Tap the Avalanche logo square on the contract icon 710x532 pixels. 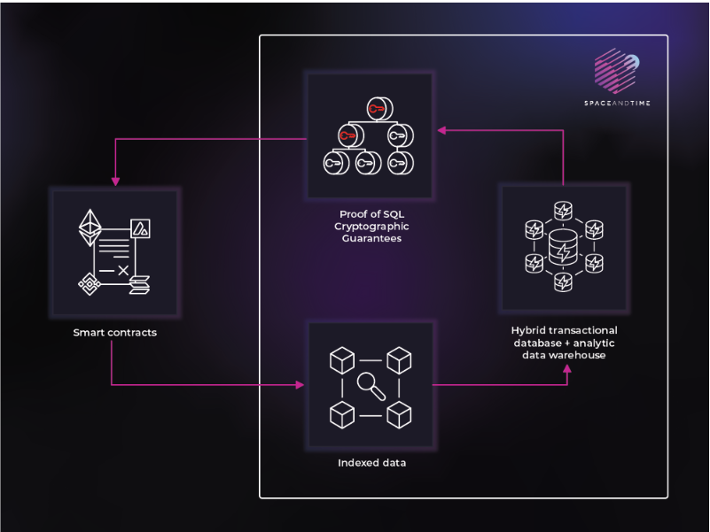pyautogui.click(x=140, y=227)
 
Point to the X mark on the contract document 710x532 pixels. pyautogui.click(x=123, y=269)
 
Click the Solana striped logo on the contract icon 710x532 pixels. pyautogui.click(x=140, y=283)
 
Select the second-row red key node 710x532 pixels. pyautogui.click(x=345, y=135)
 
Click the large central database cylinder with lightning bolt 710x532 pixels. pyautogui.click(x=563, y=251)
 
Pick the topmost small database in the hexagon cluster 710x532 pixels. pyautogui.click(x=563, y=210)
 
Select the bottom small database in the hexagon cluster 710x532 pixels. pyautogui.click(x=563, y=282)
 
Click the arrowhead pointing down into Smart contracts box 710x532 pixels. pyautogui.click(x=113, y=180)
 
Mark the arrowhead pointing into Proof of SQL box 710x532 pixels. pyautogui.click(x=441, y=129)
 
